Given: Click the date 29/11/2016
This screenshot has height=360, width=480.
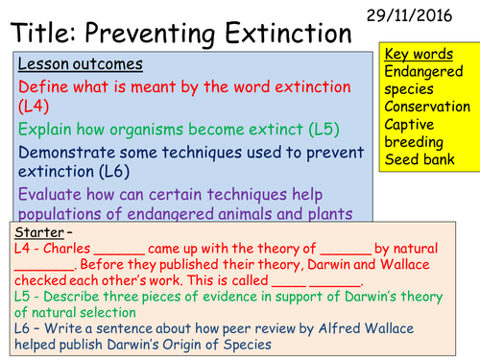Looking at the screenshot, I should click(x=427, y=13).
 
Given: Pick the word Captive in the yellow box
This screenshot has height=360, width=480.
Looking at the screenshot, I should click(x=412, y=124).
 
